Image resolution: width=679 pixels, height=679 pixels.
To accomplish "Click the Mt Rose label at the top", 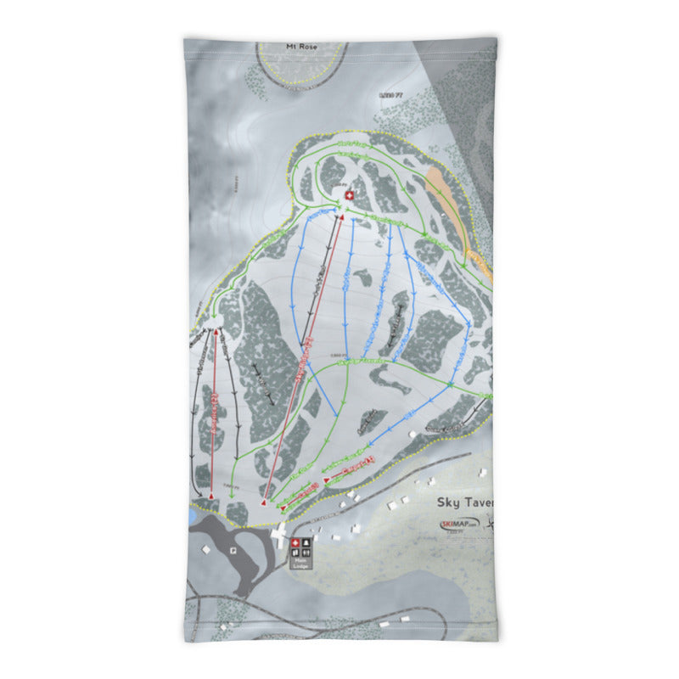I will point(301,46).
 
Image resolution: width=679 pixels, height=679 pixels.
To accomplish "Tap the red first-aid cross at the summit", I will point(348,196).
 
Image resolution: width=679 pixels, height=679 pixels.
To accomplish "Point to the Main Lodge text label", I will point(300,561).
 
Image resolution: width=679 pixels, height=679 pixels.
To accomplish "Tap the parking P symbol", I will point(233,550).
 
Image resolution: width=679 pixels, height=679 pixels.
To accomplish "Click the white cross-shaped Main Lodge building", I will point(280,534).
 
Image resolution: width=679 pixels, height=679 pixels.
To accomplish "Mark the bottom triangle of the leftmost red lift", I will point(210,493).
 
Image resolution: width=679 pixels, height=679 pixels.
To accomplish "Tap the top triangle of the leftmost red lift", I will point(214,330).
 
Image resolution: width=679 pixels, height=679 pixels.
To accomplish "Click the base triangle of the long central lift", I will point(263,504).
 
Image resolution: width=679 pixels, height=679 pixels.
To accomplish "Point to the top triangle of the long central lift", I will point(342,217).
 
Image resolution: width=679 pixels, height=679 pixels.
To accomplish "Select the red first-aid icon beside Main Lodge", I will point(295,543).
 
